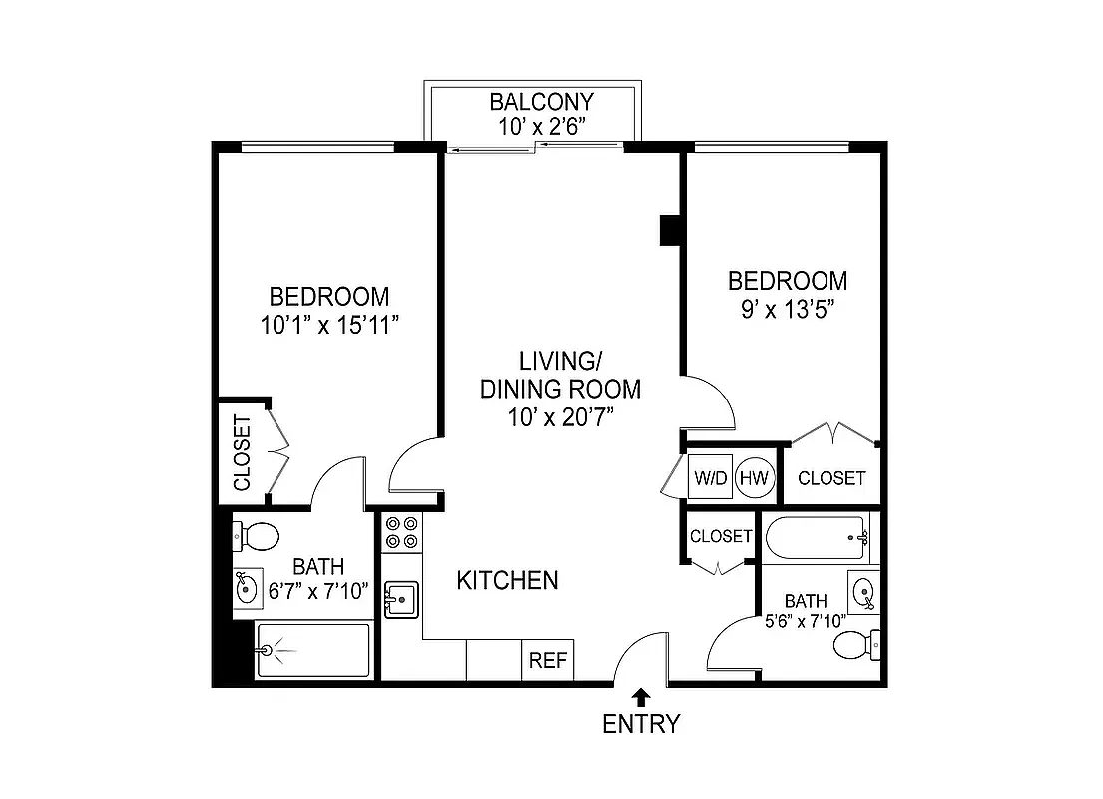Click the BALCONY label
pos(541,102)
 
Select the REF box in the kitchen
pos(547,660)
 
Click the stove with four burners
pos(401,531)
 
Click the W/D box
pos(712,478)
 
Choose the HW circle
pos(755,478)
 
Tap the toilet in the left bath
pos(257,536)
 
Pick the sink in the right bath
pos(863,591)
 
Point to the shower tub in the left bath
pos(312,650)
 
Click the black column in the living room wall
pos(669,230)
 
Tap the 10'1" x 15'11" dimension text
pos(328,324)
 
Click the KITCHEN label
pos(507,580)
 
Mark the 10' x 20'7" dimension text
pos(560,415)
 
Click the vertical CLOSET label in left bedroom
pos(242,452)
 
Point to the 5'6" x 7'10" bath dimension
pos(805,621)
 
